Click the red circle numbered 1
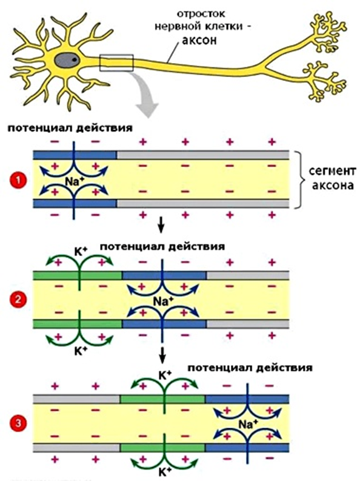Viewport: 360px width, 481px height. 18,180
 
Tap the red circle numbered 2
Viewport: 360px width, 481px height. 18,300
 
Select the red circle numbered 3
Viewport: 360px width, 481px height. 18,424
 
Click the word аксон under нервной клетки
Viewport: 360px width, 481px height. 199,40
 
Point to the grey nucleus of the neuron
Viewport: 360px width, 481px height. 67,61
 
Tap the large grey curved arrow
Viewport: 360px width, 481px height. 145,96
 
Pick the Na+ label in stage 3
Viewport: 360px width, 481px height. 248,425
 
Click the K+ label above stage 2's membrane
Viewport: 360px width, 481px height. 81,252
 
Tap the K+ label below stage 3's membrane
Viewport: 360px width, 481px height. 164,471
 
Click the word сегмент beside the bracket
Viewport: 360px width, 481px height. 333,170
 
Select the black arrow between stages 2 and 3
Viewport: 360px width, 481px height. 162,355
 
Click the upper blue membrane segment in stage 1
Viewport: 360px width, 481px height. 75,155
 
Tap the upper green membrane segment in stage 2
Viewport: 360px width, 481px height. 78,275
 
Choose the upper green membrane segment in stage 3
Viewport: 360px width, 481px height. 162,399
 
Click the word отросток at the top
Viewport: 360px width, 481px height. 201,14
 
